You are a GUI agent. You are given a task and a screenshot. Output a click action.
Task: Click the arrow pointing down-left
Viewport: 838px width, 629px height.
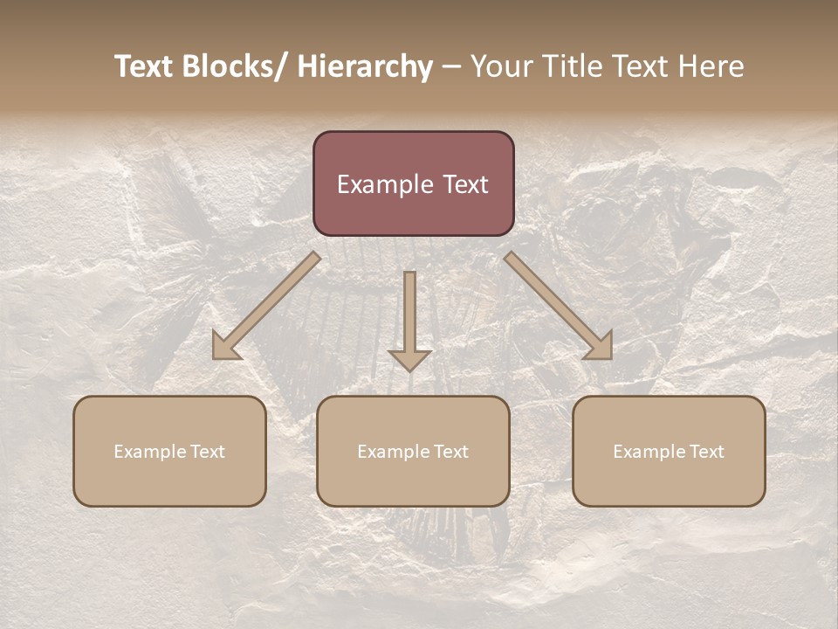click(x=266, y=307)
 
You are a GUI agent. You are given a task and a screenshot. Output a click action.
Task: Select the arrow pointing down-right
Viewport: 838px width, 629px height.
click(x=559, y=307)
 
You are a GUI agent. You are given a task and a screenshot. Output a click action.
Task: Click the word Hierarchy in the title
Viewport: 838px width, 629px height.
click(x=365, y=67)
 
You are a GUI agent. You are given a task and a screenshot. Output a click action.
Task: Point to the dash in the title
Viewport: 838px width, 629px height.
click(x=451, y=67)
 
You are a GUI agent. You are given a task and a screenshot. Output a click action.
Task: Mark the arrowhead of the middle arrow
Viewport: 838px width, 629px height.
click(x=409, y=359)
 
